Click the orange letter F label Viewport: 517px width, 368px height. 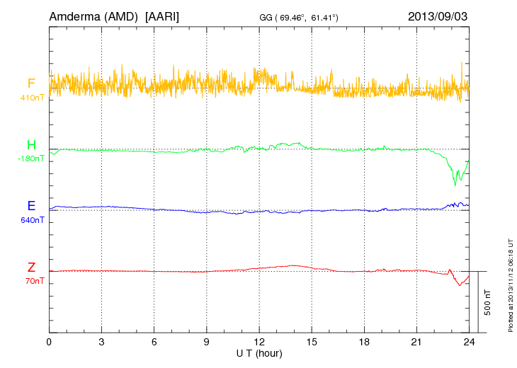(x=31, y=84)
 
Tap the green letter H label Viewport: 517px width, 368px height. (x=31, y=145)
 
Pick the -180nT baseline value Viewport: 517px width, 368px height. (x=30, y=159)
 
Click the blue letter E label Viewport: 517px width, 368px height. (x=31, y=206)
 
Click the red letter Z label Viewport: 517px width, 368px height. (x=31, y=268)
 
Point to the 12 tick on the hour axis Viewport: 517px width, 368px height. (x=259, y=341)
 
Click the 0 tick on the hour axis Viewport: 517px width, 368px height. (x=50, y=341)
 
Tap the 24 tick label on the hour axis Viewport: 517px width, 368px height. (x=469, y=341)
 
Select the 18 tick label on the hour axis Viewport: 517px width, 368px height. (x=364, y=341)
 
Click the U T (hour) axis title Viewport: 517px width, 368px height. (x=258, y=352)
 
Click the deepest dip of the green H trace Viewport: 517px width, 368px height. (x=455, y=185)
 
